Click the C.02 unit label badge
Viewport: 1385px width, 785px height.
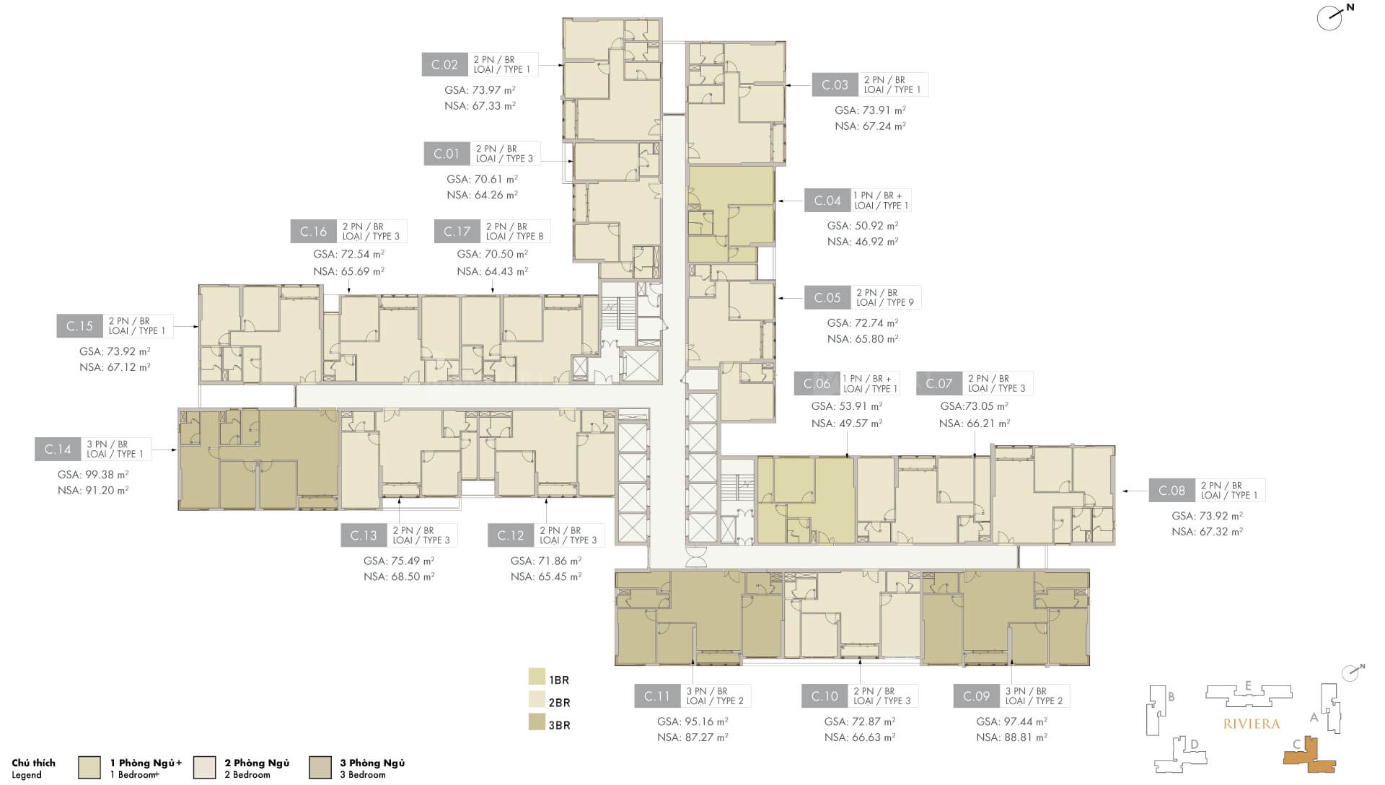[x=444, y=65]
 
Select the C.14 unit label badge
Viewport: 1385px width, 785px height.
[x=58, y=449]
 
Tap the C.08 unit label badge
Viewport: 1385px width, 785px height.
[x=1171, y=491]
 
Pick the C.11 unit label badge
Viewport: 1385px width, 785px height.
[x=657, y=696]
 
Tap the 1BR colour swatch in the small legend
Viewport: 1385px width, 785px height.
[x=537, y=676]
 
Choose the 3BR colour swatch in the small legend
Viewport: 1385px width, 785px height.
[x=537, y=722]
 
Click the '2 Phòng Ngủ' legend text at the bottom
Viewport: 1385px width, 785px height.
[x=257, y=763]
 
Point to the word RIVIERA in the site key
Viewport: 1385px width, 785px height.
[x=1252, y=724]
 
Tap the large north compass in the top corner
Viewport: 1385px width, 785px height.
[x=1331, y=18]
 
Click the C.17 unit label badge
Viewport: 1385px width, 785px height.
[x=457, y=232]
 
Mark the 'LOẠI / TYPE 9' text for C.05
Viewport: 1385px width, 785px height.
[x=885, y=302]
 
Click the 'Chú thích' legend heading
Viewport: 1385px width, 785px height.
[x=33, y=763]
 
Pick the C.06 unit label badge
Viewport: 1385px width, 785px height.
[x=817, y=384]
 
